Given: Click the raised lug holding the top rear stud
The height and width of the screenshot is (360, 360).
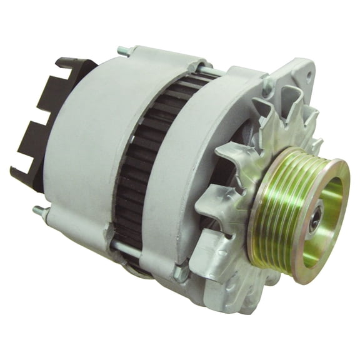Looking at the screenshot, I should click(147, 55).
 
